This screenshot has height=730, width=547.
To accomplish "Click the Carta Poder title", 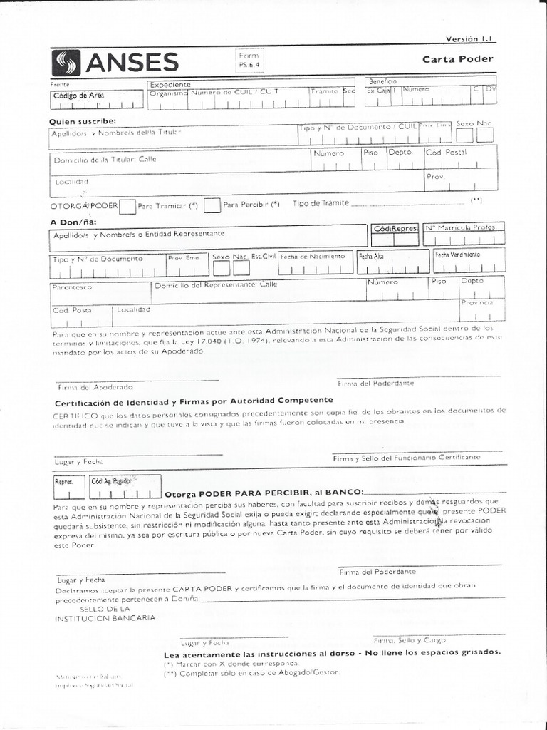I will (468, 59).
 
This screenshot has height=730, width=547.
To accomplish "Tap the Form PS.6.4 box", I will (251, 60).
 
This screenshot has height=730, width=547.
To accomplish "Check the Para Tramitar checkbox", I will (127, 206).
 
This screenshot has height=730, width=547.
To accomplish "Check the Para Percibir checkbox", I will (212, 205).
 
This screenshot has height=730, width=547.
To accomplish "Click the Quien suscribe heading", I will (82, 121).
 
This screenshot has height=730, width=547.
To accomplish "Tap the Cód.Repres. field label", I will (395, 230).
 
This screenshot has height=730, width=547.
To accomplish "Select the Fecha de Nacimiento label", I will (313, 256).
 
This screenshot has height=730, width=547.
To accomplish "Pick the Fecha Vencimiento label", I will (457, 255).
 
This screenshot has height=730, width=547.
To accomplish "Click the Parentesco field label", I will (71, 287).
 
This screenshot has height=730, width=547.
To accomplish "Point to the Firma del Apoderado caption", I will (95, 387).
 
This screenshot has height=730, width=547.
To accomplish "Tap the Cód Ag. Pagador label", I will (112, 481).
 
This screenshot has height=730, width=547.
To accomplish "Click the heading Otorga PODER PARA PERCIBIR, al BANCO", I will (264, 493).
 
